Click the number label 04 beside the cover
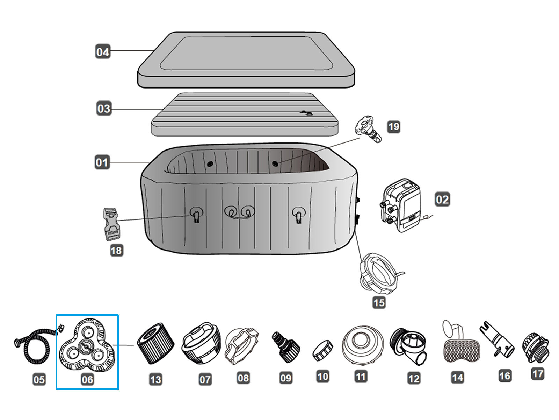[103, 52]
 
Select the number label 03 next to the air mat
[103, 108]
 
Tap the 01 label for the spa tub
[102, 162]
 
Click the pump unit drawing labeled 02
[402, 205]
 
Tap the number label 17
[538, 374]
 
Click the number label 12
[414, 378]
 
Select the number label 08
[243, 378]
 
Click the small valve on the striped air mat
[307, 113]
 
